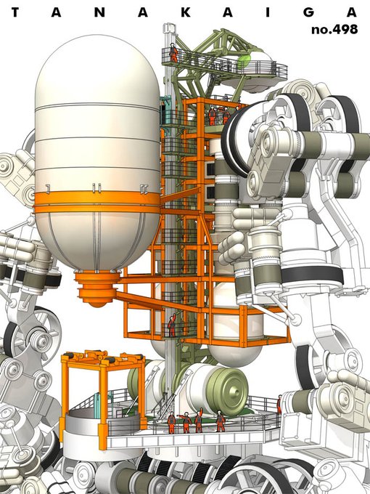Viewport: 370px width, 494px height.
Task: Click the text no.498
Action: pos(334,29)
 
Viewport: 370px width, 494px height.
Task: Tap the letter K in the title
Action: pos(186,12)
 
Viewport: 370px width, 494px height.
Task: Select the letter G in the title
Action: pos(310,12)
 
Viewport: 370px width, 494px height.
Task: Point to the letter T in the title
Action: pos(16,12)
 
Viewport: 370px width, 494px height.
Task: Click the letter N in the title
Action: pos(99,12)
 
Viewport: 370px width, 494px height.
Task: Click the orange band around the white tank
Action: pos(97,203)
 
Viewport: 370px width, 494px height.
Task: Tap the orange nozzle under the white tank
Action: pos(97,289)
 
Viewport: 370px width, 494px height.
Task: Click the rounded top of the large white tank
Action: pos(97,69)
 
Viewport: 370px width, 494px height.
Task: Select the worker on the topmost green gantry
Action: pos(173,52)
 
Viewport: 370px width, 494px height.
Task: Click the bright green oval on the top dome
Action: pos(244,62)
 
